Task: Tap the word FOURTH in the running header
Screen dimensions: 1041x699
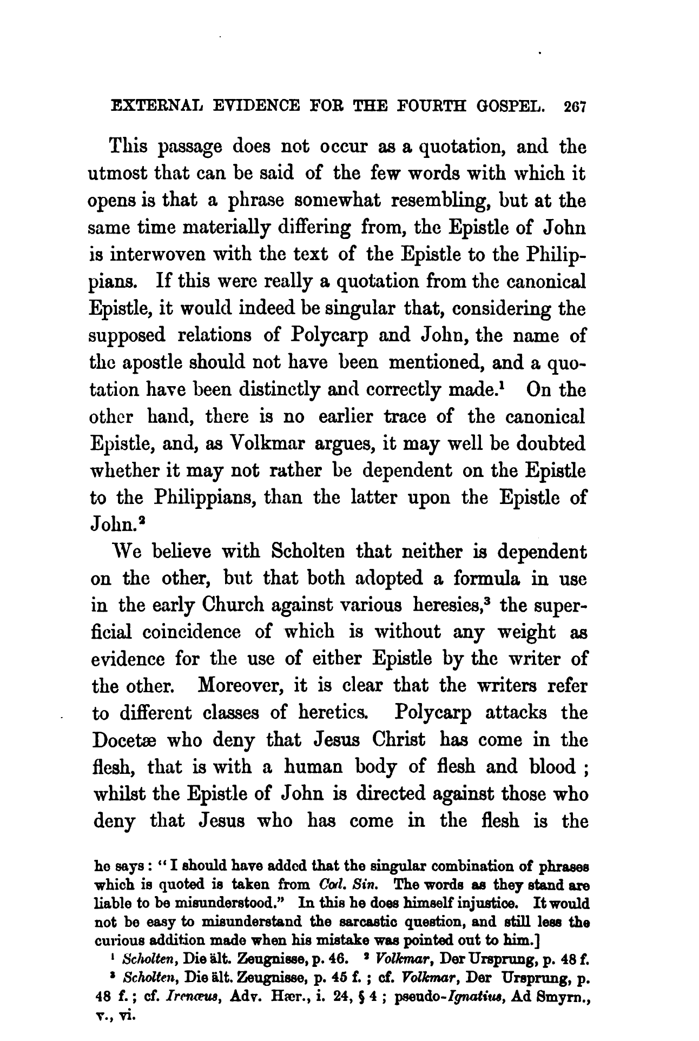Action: (x=424, y=108)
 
